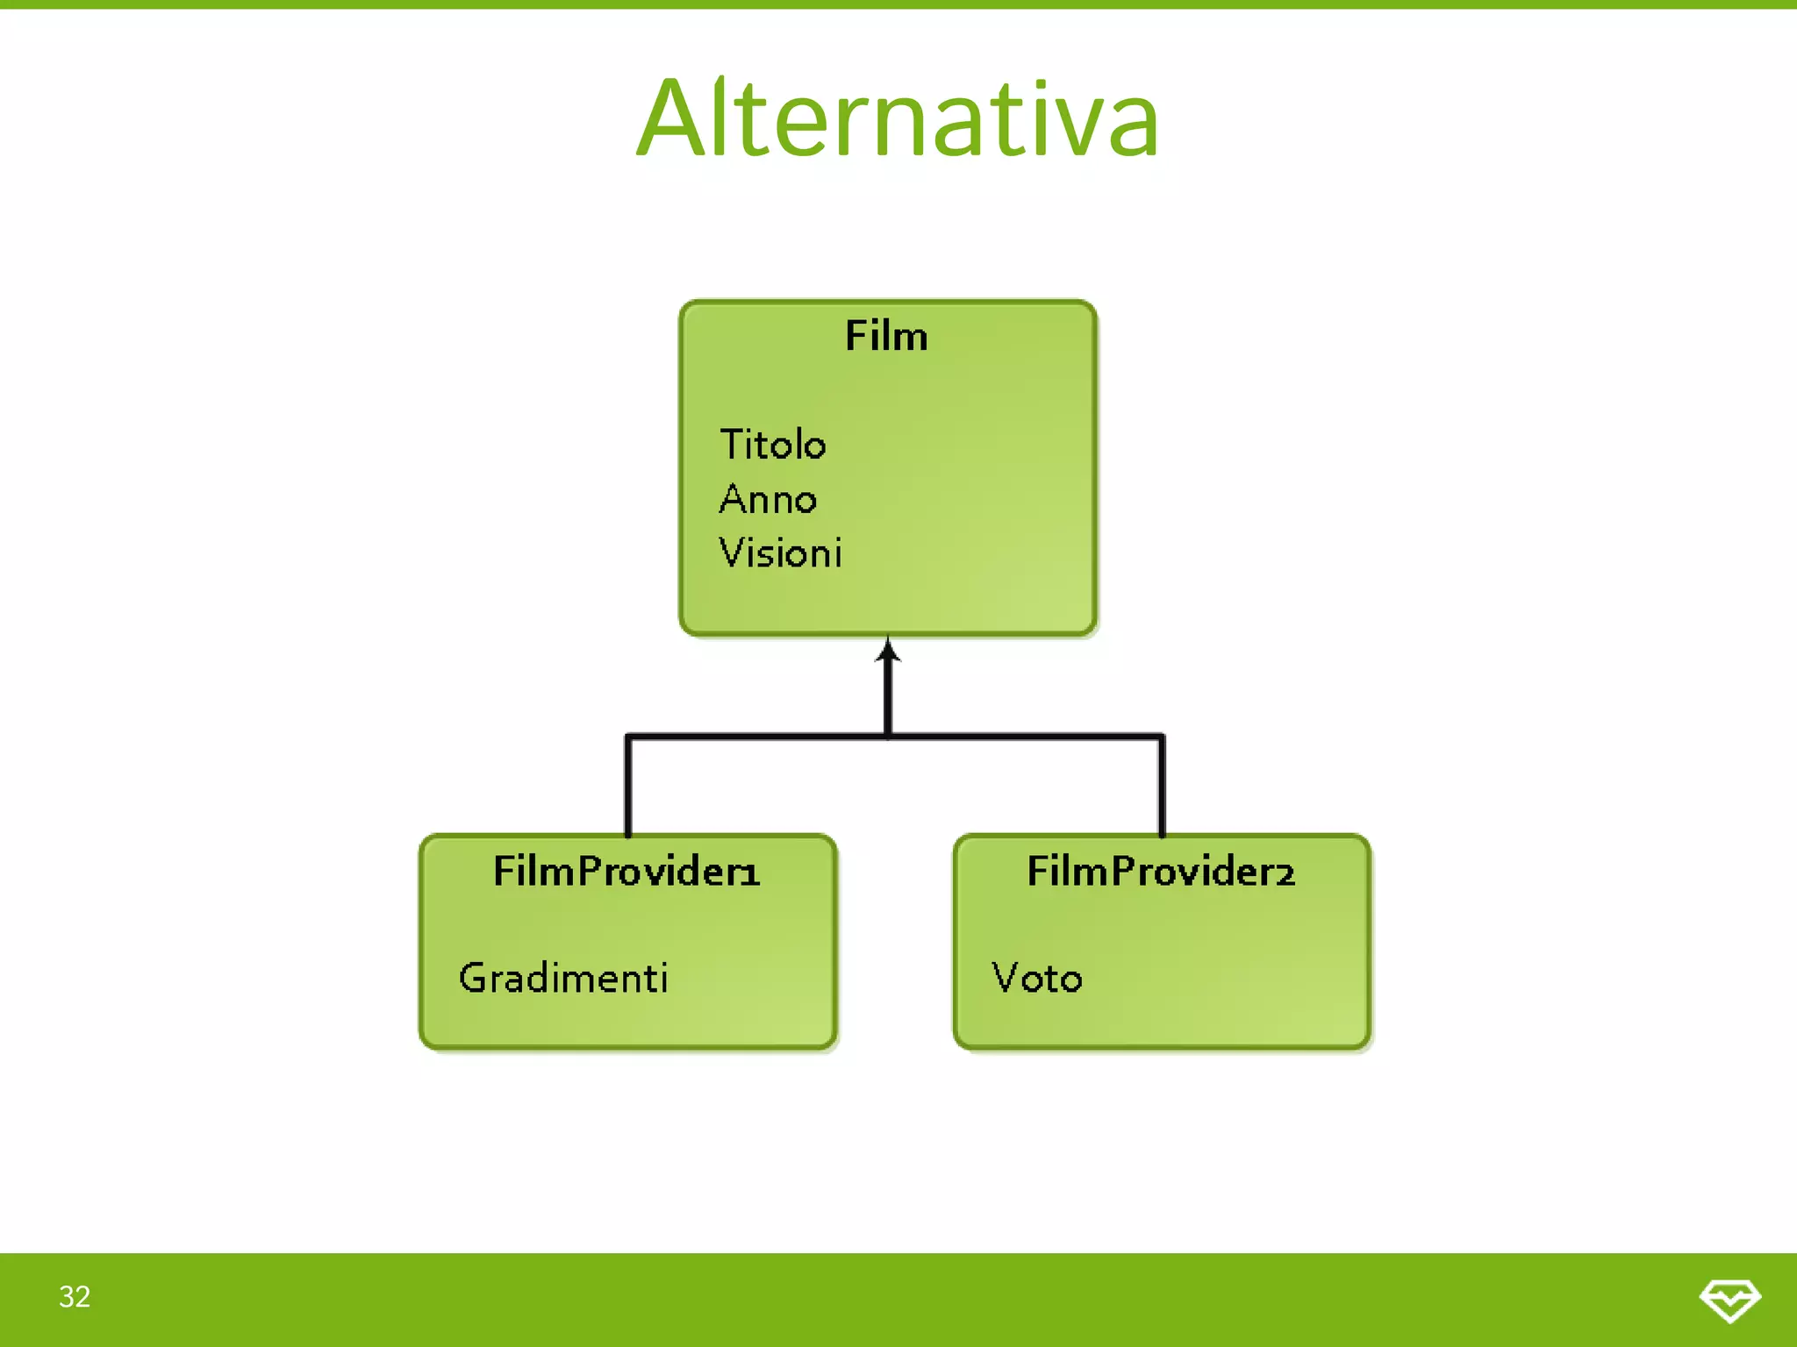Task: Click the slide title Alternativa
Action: (898, 118)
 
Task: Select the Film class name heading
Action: (886, 336)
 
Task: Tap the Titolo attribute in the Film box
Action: (772, 445)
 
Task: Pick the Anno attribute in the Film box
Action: (768, 499)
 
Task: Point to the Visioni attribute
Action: (780, 553)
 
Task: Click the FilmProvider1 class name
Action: (626, 871)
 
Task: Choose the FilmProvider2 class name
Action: (1160, 871)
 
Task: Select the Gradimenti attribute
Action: (563, 978)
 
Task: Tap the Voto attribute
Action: (1036, 978)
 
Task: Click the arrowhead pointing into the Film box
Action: (888, 651)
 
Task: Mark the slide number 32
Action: (75, 1296)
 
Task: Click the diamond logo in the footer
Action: (1729, 1299)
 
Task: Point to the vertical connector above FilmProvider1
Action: (628, 785)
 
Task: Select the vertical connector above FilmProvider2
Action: (1162, 785)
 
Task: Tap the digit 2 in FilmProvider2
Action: (1284, 873)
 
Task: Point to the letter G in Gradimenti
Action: (473, 978)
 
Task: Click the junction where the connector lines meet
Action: (888, 736)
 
